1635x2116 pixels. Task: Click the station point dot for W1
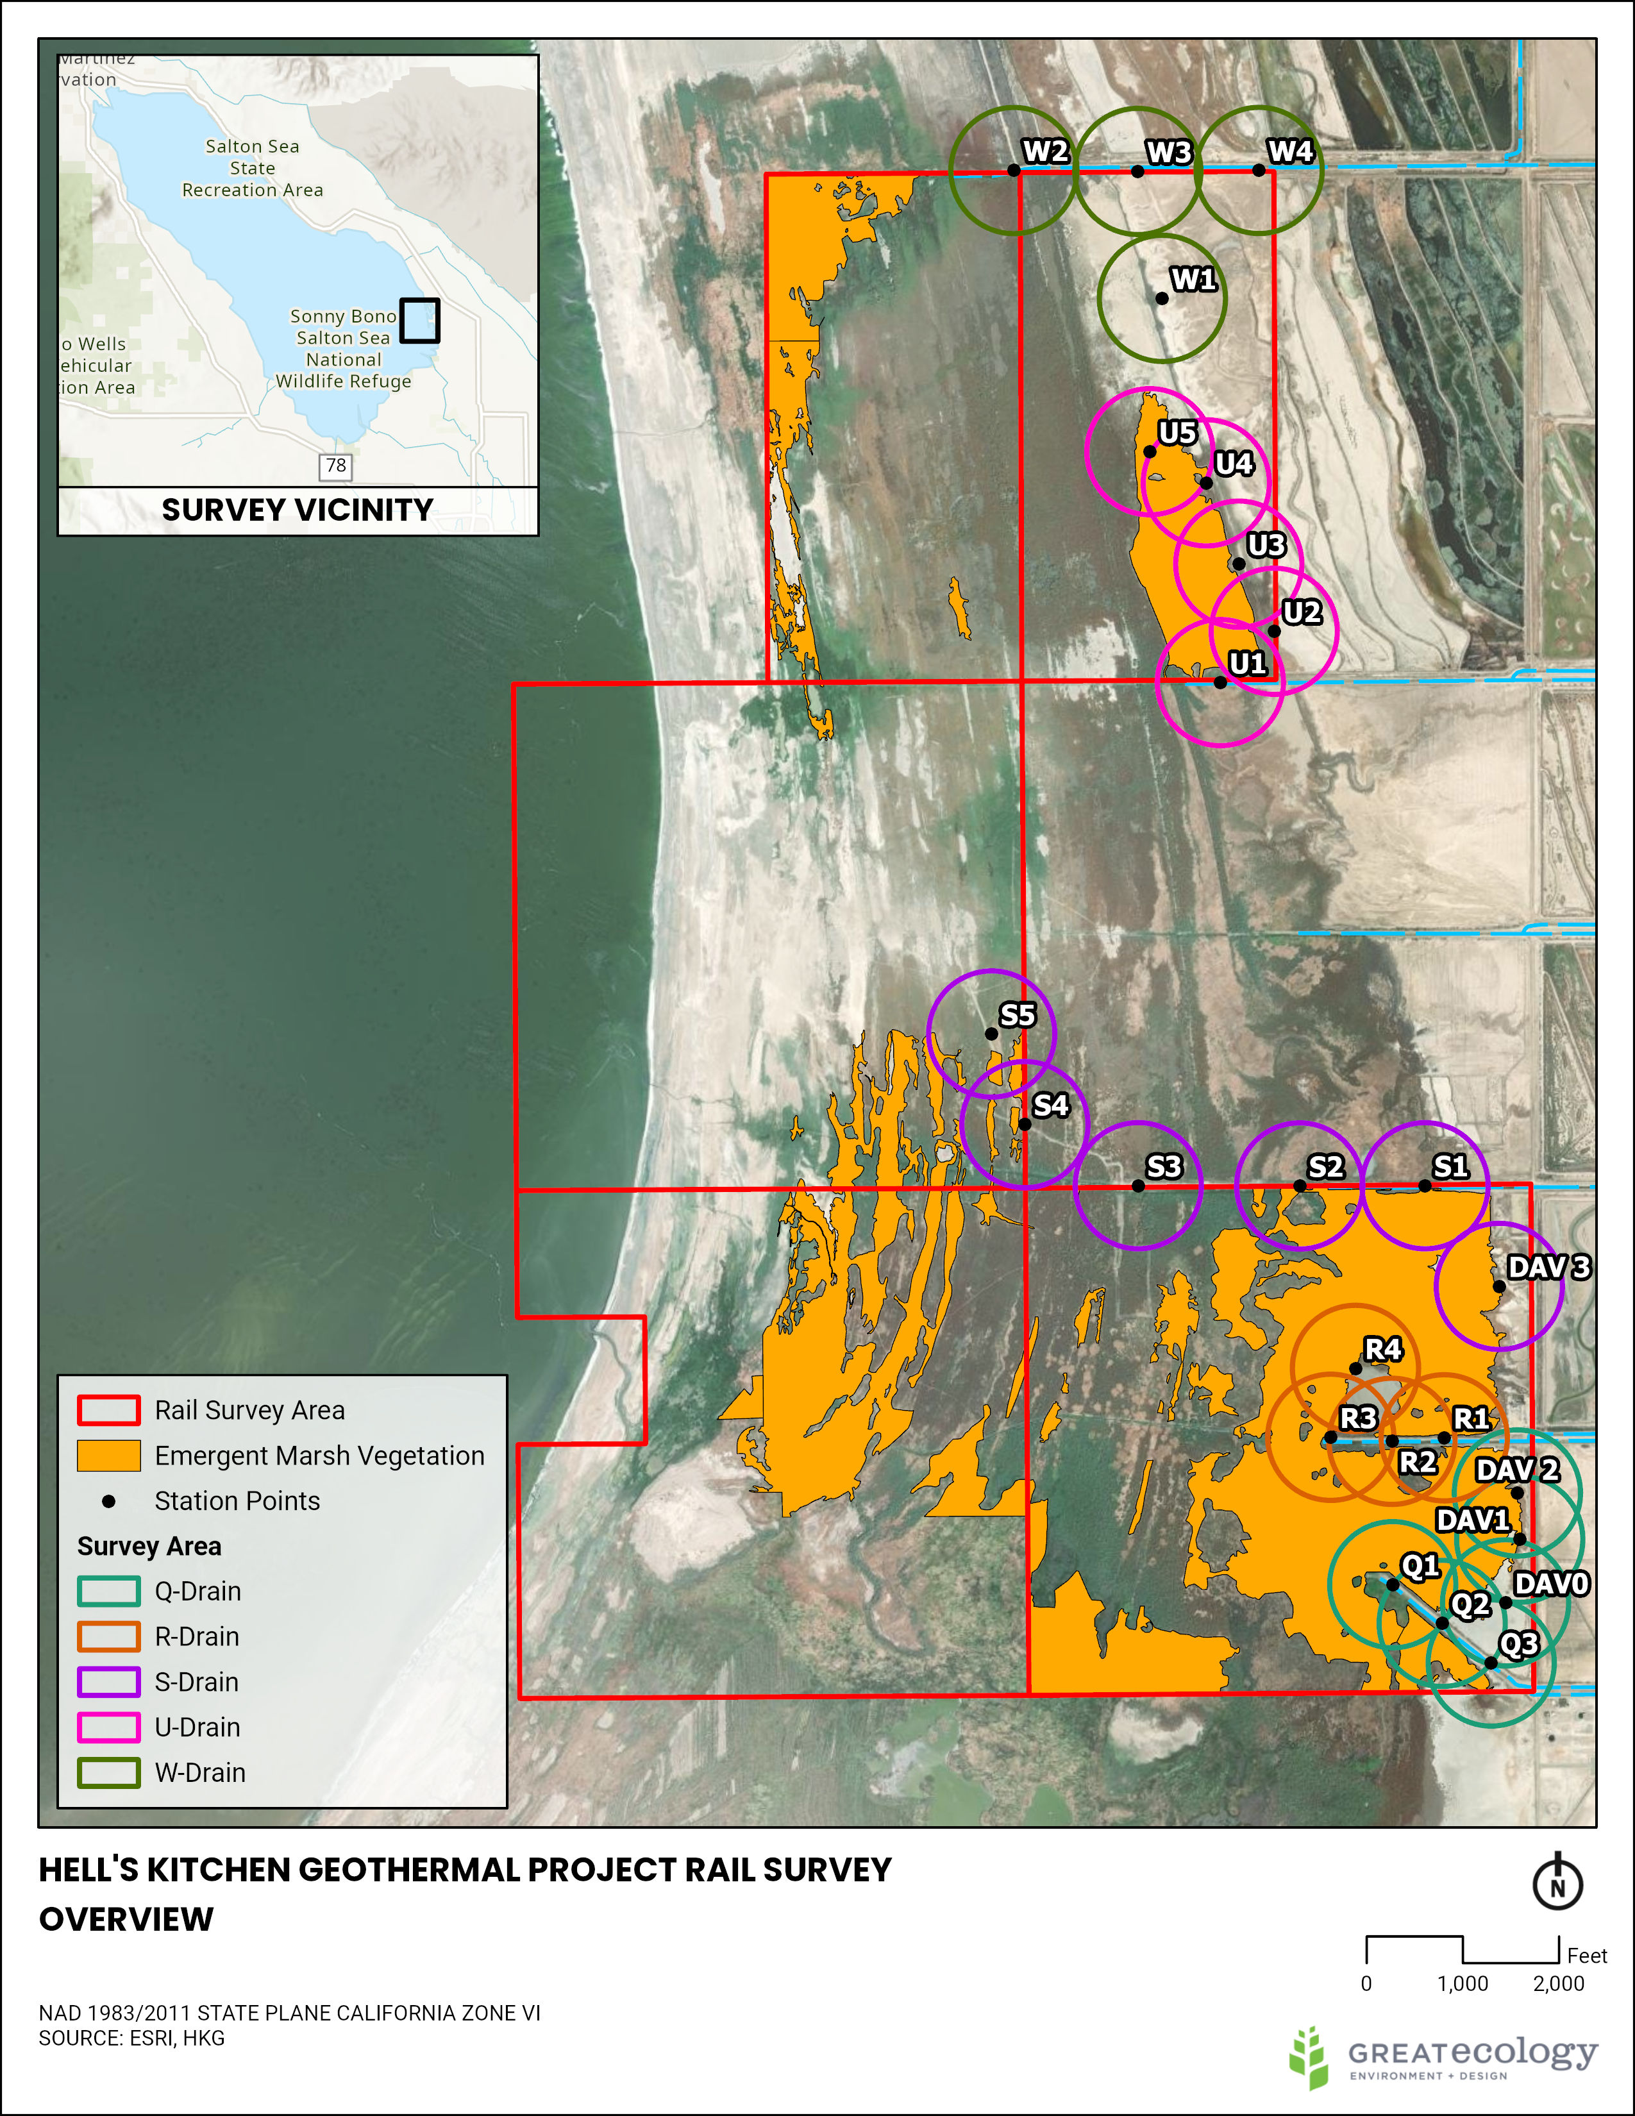1161,298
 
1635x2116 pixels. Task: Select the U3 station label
1266,546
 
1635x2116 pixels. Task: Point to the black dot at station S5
991,1034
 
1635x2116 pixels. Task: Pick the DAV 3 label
1548,1267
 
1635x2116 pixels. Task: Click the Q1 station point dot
1392,1585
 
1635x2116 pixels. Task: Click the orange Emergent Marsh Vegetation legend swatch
108,1456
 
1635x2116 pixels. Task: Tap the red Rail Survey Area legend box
108,1411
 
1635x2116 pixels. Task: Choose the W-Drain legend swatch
108,1773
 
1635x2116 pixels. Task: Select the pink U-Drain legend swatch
108,1727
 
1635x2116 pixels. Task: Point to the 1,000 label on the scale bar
1462,1983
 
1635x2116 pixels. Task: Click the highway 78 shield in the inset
335,466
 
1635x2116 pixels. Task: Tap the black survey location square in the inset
419,320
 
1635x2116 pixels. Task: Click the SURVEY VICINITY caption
298,510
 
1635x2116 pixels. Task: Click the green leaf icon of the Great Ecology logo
1309,2056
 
